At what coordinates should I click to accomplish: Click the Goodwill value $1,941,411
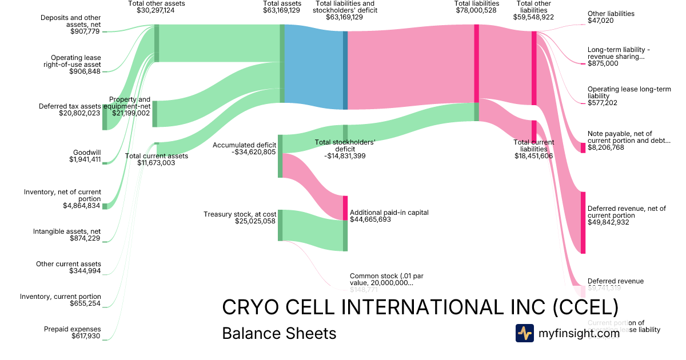pos(85,159)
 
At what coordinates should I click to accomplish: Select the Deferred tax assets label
pos(69,106)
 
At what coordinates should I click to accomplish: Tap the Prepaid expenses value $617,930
pos(86,336)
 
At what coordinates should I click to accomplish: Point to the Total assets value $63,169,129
pos(282,10)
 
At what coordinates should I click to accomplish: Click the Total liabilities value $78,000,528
pos(476,10)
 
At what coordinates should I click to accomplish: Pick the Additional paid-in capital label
pos(389,213)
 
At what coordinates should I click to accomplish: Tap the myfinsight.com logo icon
pos(524,333)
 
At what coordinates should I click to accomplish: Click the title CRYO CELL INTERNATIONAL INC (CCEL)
pos(420,307)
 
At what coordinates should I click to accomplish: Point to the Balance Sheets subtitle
pos(279,333)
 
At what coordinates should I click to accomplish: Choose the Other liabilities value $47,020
pos(601,21)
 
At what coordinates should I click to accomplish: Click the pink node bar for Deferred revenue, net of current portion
pos(583,222)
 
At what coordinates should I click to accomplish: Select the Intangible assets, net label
pos(67,231)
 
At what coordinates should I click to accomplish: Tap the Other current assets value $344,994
pos(86,271)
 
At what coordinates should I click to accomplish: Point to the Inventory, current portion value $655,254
pos(86,303)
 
